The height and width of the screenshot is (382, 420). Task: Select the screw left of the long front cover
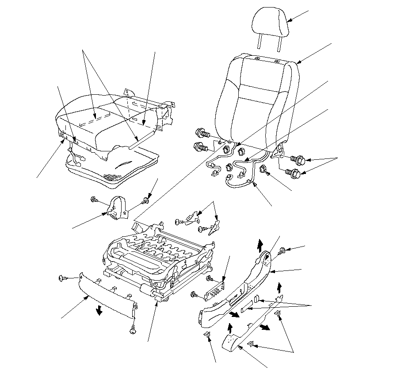[x=62, y=278]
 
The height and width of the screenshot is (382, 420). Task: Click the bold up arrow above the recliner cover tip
[x=260, y=243]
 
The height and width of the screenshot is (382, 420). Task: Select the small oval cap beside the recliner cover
[x=257, y=300]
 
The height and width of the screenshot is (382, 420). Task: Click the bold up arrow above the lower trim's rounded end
[x=229, y=328]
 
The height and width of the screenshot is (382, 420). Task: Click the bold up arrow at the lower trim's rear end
[x=279, y=287]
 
